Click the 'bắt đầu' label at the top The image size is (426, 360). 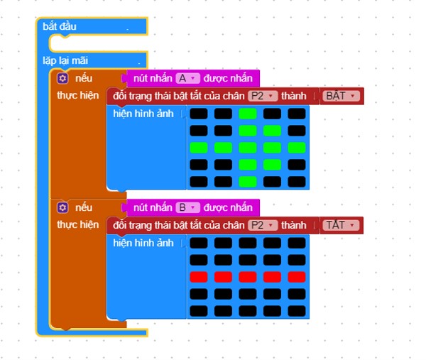pyautogui.click(x=60, y=26)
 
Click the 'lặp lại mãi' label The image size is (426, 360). pyautogui.click(x=65, y=60)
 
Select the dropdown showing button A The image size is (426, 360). pyautogui.click(x=187, y=78)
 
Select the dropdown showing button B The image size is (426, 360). pyautogui.click(x=187, y=207)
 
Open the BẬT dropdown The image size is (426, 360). pyautogui.click(x=341, y=96)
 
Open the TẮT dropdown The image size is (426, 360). pyautogui.click(x=341, y=225)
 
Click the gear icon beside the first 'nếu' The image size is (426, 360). pyautogui.click(x=62, y=79)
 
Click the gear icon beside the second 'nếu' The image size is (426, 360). pyautogui.click(x=62, y=208)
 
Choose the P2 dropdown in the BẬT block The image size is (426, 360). pyautogui.click(x=263, y=96)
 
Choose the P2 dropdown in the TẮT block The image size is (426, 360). pyautogui.click(x=263, y=225)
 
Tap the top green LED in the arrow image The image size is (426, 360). pyautogui.click(x=248, y=114)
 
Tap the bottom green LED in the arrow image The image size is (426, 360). pyautogui.click(x=248, y=182)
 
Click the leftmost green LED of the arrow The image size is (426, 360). pyautogui.click(x=199, y=148)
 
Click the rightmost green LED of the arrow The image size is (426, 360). pyautogui.click(x=297, y=148)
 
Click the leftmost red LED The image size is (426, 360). pyautogui.click(x=199, y=277)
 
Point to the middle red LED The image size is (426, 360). pyautogui.click(x=248, y=277)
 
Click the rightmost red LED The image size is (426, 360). pyautogui.click(x=297, y=277)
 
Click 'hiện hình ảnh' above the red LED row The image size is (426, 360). pyautogui.click(x=143, y=243)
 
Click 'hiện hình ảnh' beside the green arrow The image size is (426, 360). pyautogui.click(x=143, y=114)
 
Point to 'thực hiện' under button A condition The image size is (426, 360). pyautogui.click(x=77, y=96)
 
